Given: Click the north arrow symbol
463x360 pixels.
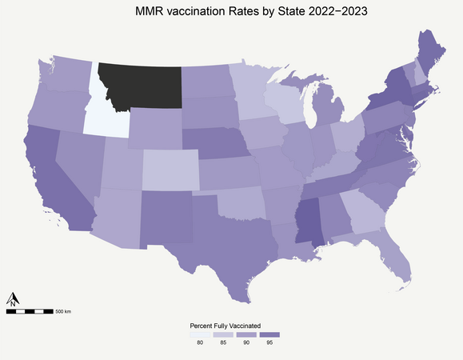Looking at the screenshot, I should [x=13, y=300].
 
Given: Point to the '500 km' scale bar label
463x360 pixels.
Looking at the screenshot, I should [x=63, y=310].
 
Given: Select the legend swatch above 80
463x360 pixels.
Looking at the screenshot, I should [x=200, y=334].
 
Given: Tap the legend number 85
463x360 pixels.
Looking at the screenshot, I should [x=224, y=343].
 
